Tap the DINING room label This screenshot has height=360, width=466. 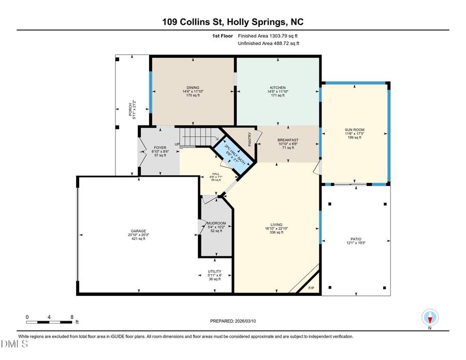193,88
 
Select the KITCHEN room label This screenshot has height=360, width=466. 278,88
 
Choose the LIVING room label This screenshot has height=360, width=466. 275,225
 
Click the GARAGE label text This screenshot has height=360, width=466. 138,231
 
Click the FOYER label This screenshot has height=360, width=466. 160,148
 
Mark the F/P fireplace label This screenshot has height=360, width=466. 311,288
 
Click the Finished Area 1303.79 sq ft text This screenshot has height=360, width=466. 268,36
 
